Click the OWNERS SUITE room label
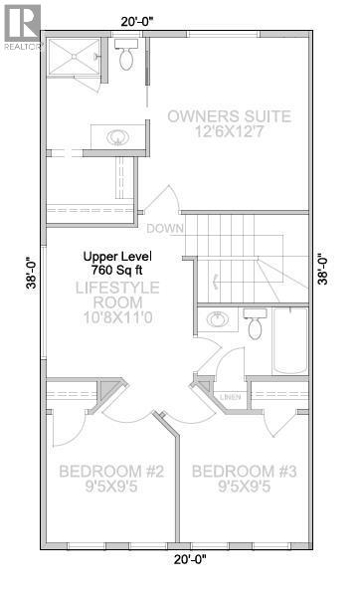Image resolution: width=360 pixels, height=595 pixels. [229, 116]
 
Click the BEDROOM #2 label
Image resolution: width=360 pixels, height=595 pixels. [103, 471]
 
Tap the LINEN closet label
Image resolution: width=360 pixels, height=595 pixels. [231, 398]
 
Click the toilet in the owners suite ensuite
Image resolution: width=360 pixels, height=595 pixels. [125, 58]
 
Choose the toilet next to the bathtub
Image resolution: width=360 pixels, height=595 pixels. [254, 325]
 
